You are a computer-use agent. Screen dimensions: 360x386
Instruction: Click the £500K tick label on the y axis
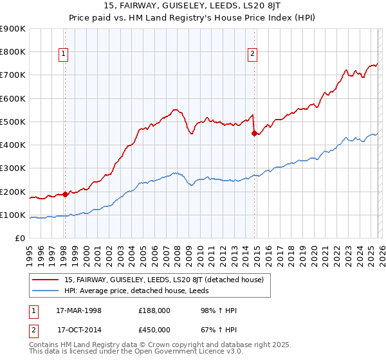[12, 122]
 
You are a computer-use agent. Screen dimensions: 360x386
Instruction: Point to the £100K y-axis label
[12, 215]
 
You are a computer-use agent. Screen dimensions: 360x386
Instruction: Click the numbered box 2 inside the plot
[253, 55]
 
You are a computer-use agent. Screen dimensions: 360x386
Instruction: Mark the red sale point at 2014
[254, 133]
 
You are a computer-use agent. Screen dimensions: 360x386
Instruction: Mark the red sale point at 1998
[66, 194]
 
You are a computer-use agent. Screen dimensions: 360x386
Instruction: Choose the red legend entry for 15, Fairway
[167, 280]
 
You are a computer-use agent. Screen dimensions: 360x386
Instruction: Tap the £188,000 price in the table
[154, 311]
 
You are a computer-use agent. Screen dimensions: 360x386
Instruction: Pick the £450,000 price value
[154, 330]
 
